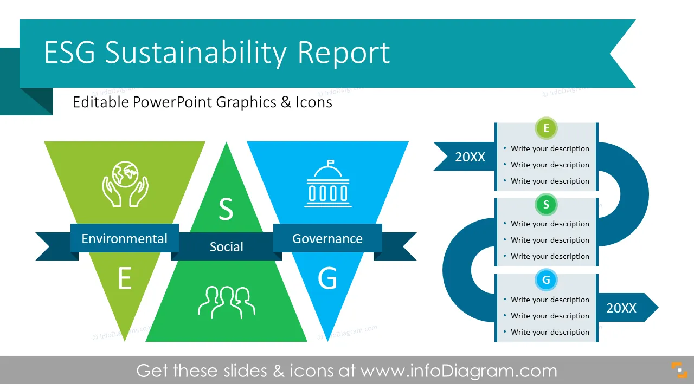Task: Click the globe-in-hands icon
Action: (x=125, y=184)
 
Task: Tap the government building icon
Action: (x=328, y=184)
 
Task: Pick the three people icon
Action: (x=227, y=302)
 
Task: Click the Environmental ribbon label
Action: (x=124, y=239)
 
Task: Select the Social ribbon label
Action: (x=227, y=246)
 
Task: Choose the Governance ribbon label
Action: (x=327, y=239)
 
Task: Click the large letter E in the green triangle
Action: (x=125, y=278)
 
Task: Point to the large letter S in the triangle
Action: (x=226, y=209)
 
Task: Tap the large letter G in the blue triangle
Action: (x=327, y=278)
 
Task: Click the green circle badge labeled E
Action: (x=546, y=128)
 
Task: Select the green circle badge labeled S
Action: (x=546, y=204)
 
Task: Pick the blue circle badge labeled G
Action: (x=546, y=280)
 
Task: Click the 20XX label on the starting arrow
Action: (x=470, y=157)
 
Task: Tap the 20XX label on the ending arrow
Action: (x=621, y=308)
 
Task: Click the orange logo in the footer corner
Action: (x=679, y=370)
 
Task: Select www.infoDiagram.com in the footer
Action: (x=459, y=371)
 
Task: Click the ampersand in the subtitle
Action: (x=286, y=102)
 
